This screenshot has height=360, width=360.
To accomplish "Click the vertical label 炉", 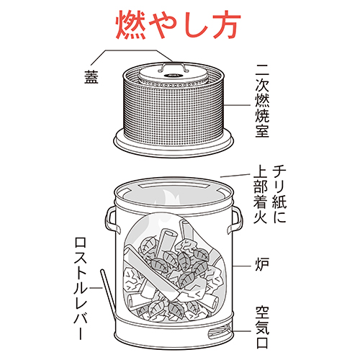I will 262,263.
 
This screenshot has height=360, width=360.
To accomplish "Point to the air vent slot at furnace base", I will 218,330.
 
